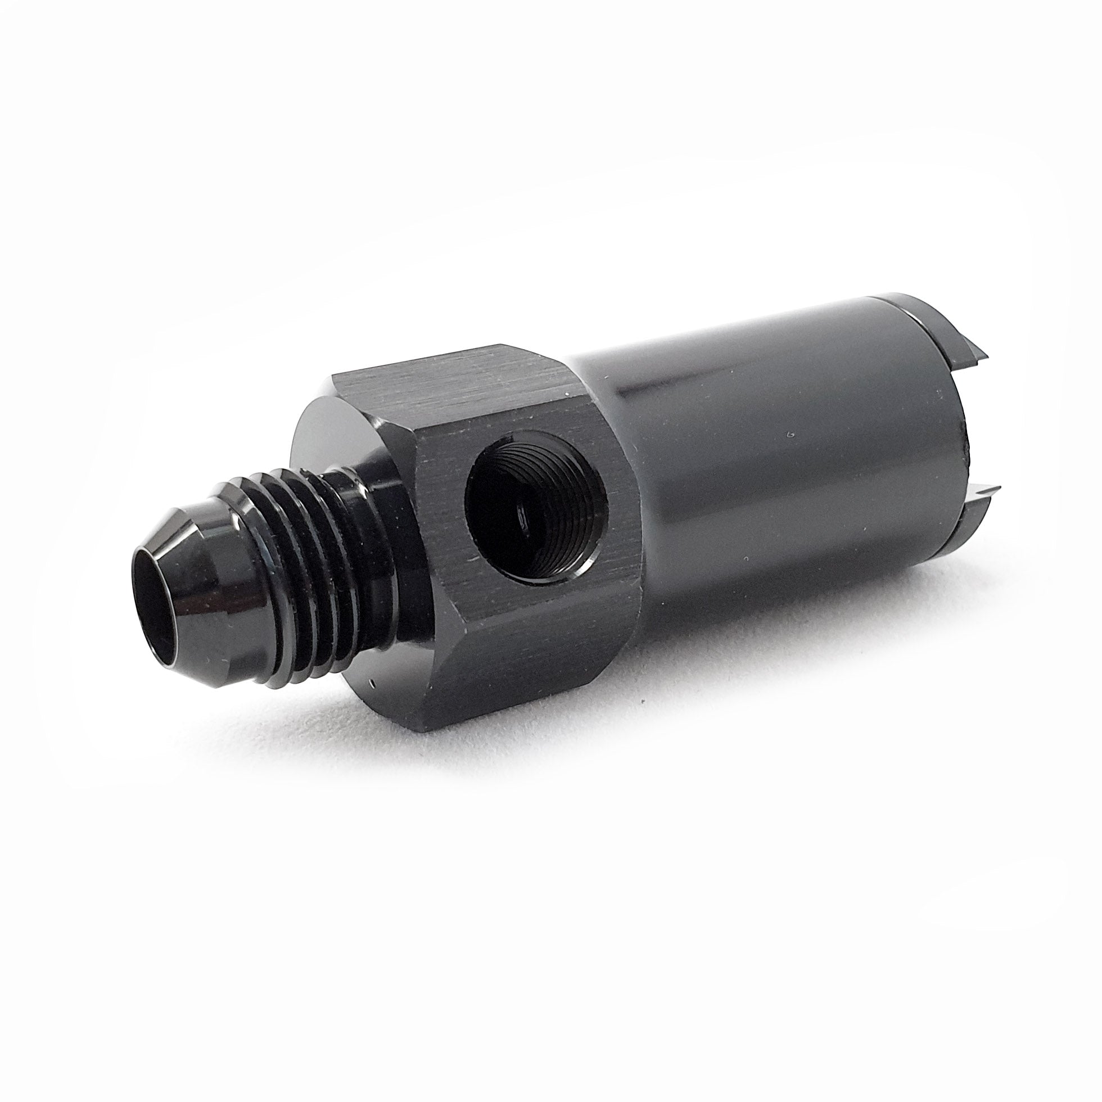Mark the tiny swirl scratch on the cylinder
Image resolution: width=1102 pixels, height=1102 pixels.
point(792,435)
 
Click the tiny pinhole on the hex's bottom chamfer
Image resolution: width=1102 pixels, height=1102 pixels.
point(370,681)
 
